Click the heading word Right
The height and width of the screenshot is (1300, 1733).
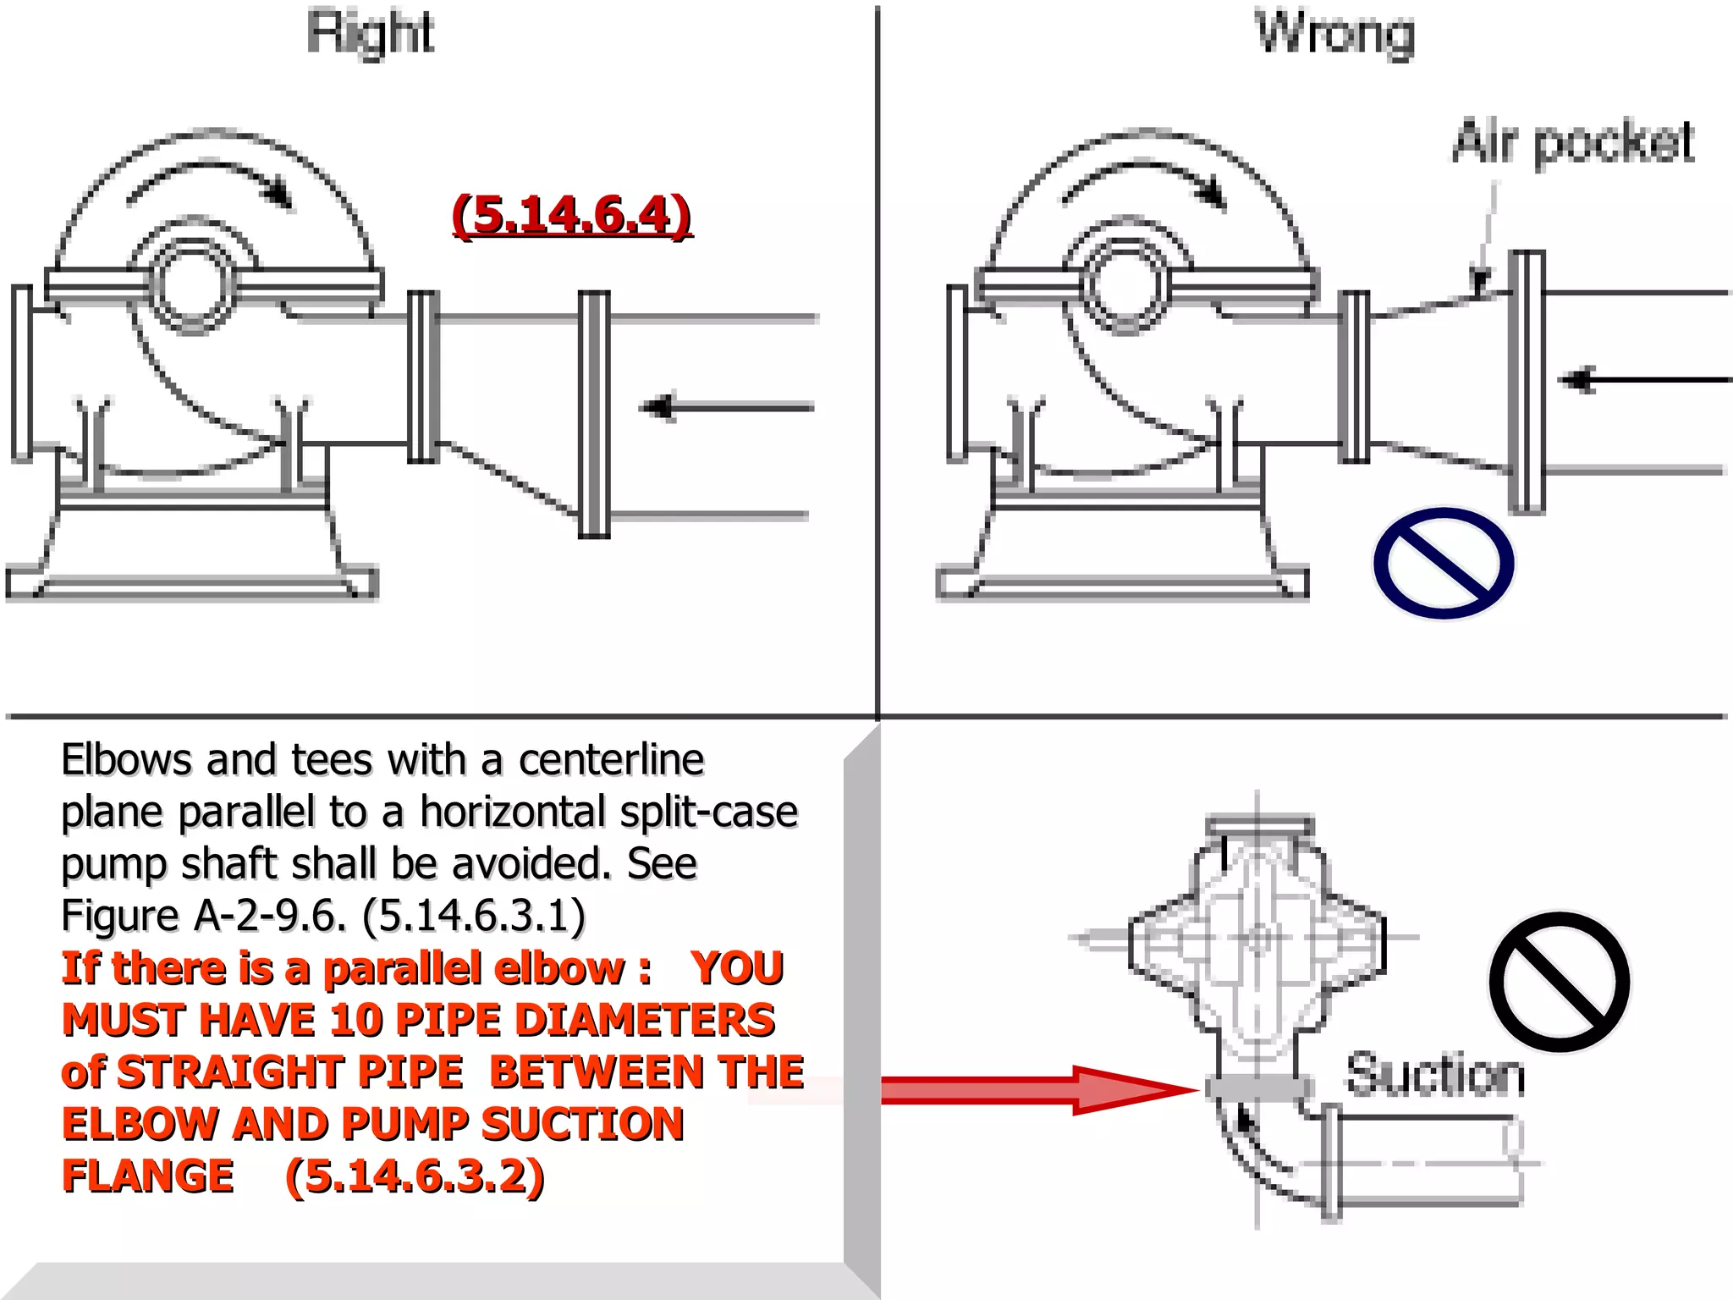[370, 34]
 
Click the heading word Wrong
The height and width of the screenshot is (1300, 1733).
[1334, 34]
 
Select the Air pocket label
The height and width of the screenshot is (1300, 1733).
[1573, 141]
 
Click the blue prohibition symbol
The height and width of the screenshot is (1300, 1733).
[1443, 563]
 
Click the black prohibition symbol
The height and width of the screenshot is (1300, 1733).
[1559, 982]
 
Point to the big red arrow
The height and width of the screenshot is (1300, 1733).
[1032, 1090]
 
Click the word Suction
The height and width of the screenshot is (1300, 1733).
[1435, 1075]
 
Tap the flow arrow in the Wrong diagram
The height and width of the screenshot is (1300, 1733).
[1642, 380]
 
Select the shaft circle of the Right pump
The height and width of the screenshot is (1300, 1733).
[193, 285]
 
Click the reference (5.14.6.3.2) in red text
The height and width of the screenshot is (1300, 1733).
[415, 1176]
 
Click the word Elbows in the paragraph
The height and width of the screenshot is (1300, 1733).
[127, 759]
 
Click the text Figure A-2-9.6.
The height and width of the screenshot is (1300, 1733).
[203, 915]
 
